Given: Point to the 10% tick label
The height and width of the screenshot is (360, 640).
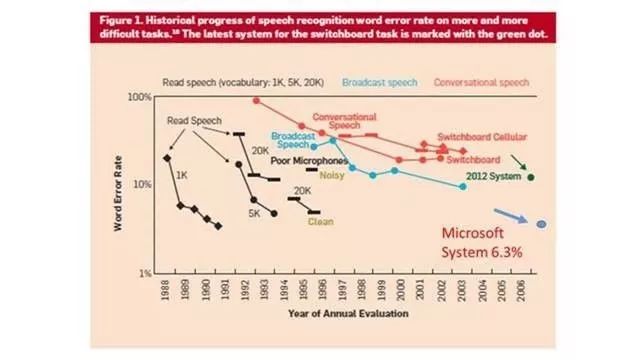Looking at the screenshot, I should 140,185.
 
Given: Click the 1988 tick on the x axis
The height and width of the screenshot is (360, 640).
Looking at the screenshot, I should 165,291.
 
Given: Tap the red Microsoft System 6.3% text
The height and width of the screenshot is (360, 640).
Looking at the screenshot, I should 483,243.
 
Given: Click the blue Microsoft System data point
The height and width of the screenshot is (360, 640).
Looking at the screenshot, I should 542,224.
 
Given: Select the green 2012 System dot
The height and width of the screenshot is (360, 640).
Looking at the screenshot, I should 531,177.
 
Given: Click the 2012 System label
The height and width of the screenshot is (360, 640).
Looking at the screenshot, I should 494,177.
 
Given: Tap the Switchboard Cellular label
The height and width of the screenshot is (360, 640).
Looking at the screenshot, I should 487,137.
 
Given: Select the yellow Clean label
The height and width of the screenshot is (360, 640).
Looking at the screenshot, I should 320,222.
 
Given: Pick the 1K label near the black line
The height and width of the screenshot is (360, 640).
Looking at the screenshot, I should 182,175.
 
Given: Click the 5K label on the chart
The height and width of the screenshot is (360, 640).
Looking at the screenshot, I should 254,213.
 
